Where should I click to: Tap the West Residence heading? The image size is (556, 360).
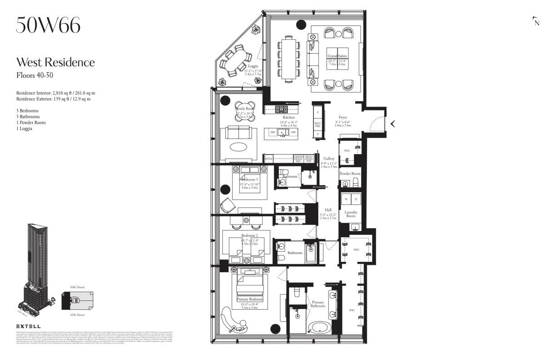click(x=55, y=62)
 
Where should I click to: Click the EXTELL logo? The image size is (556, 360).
click(x=28, y=326)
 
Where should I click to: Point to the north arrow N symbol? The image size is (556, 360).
click(x=536, y=22)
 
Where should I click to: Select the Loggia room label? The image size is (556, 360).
click(x=253, y=66)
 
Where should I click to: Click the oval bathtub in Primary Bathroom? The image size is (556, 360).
click(x=320, y=327)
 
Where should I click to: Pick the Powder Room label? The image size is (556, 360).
click(x=350, y=174)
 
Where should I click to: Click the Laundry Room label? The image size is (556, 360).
click(x=351, y=215)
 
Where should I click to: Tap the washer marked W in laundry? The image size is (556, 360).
click(x=346, y=199)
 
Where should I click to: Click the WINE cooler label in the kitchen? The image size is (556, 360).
click(x=268, y=159)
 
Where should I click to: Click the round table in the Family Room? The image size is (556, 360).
click(x=245, y=110)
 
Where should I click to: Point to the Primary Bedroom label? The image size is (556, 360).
click(x=249, y=300)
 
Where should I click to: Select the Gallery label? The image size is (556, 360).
click(x=329, y=159)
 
